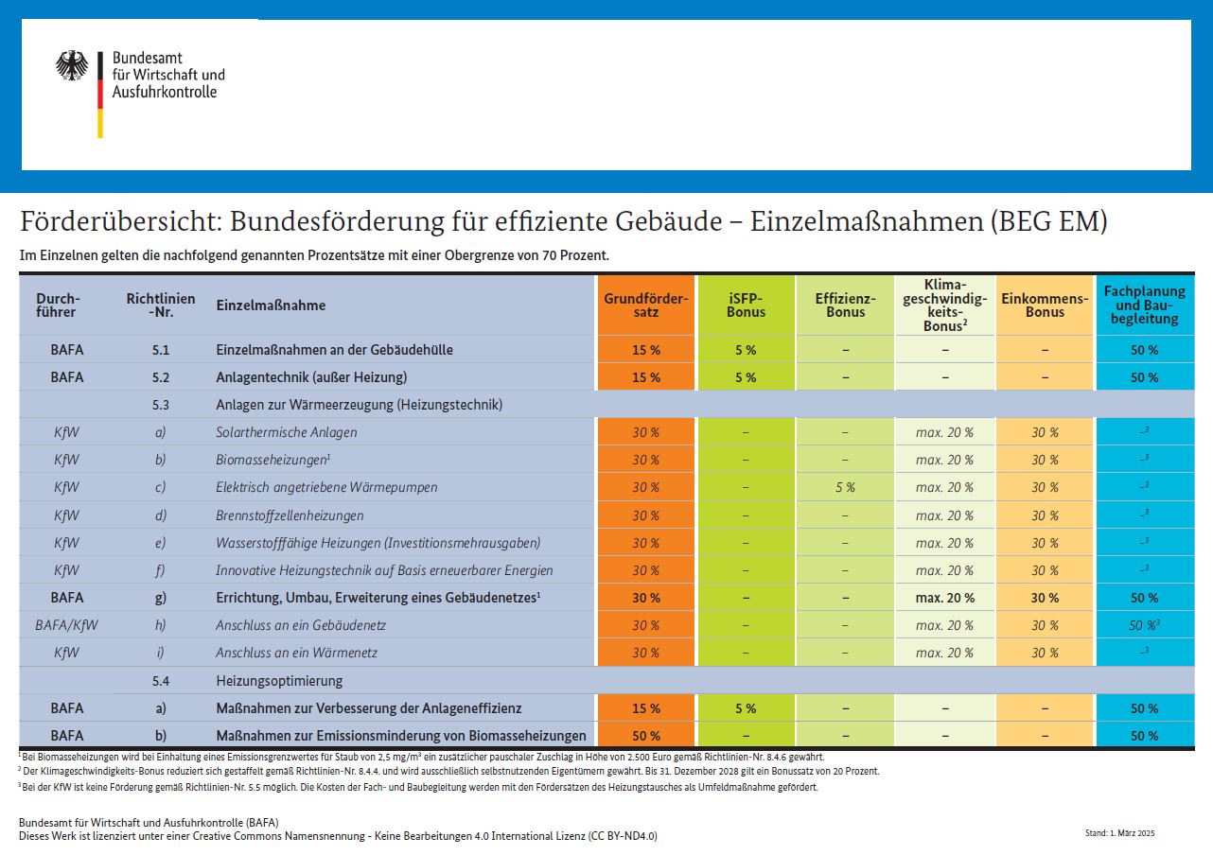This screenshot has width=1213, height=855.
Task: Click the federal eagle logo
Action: pyautogui.click(x=72, y=65)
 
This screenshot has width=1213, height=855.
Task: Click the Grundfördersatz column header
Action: pyautogui.click(x=646, y=305)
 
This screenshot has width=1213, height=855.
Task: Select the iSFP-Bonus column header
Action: pyautogui.click(x=746, y=305)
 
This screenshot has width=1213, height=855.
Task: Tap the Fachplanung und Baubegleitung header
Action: pyautogui.click(x=1144, y=305)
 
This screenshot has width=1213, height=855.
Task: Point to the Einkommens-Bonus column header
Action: pyautogui.click(x=1045, y=305)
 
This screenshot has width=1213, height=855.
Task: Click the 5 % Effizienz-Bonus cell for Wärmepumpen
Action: pyautogui.click(x=845, y=487)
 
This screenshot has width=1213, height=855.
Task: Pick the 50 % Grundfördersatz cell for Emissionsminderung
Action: pyautogui.click(x=646, y=736)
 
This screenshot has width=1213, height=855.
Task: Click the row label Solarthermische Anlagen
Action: pyautogui.click(x=287, y=432)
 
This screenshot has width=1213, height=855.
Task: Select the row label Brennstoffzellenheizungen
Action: pyautogui.click(x=290, y=515)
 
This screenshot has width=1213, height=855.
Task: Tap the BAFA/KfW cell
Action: pyautogui.click(x=66, y=625)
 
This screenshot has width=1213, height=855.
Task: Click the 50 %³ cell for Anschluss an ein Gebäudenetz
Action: pyautogui.click(x=1144, y=625)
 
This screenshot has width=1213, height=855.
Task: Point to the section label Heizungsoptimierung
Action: pyautogui.click(x=279, y=681)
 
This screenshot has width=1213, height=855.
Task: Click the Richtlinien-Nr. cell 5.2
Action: pyautogui.click(x=161, y=377)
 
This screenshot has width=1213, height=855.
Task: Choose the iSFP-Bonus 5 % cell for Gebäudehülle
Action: pyautogui.click(x=746, y=350)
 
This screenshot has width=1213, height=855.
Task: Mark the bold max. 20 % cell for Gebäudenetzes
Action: pyautogui.click(x=945, y=598)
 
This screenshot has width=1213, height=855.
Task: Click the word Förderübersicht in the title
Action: pyautogui.click(x=121, y=221)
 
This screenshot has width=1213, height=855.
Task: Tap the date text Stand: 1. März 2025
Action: pyautogui.click(x=1120, y=833)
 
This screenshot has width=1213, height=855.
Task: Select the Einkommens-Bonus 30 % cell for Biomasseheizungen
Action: pyautogui.click(x=1045, y=460)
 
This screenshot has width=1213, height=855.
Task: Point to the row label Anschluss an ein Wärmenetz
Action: pyautogui.click(x=297, y=653)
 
